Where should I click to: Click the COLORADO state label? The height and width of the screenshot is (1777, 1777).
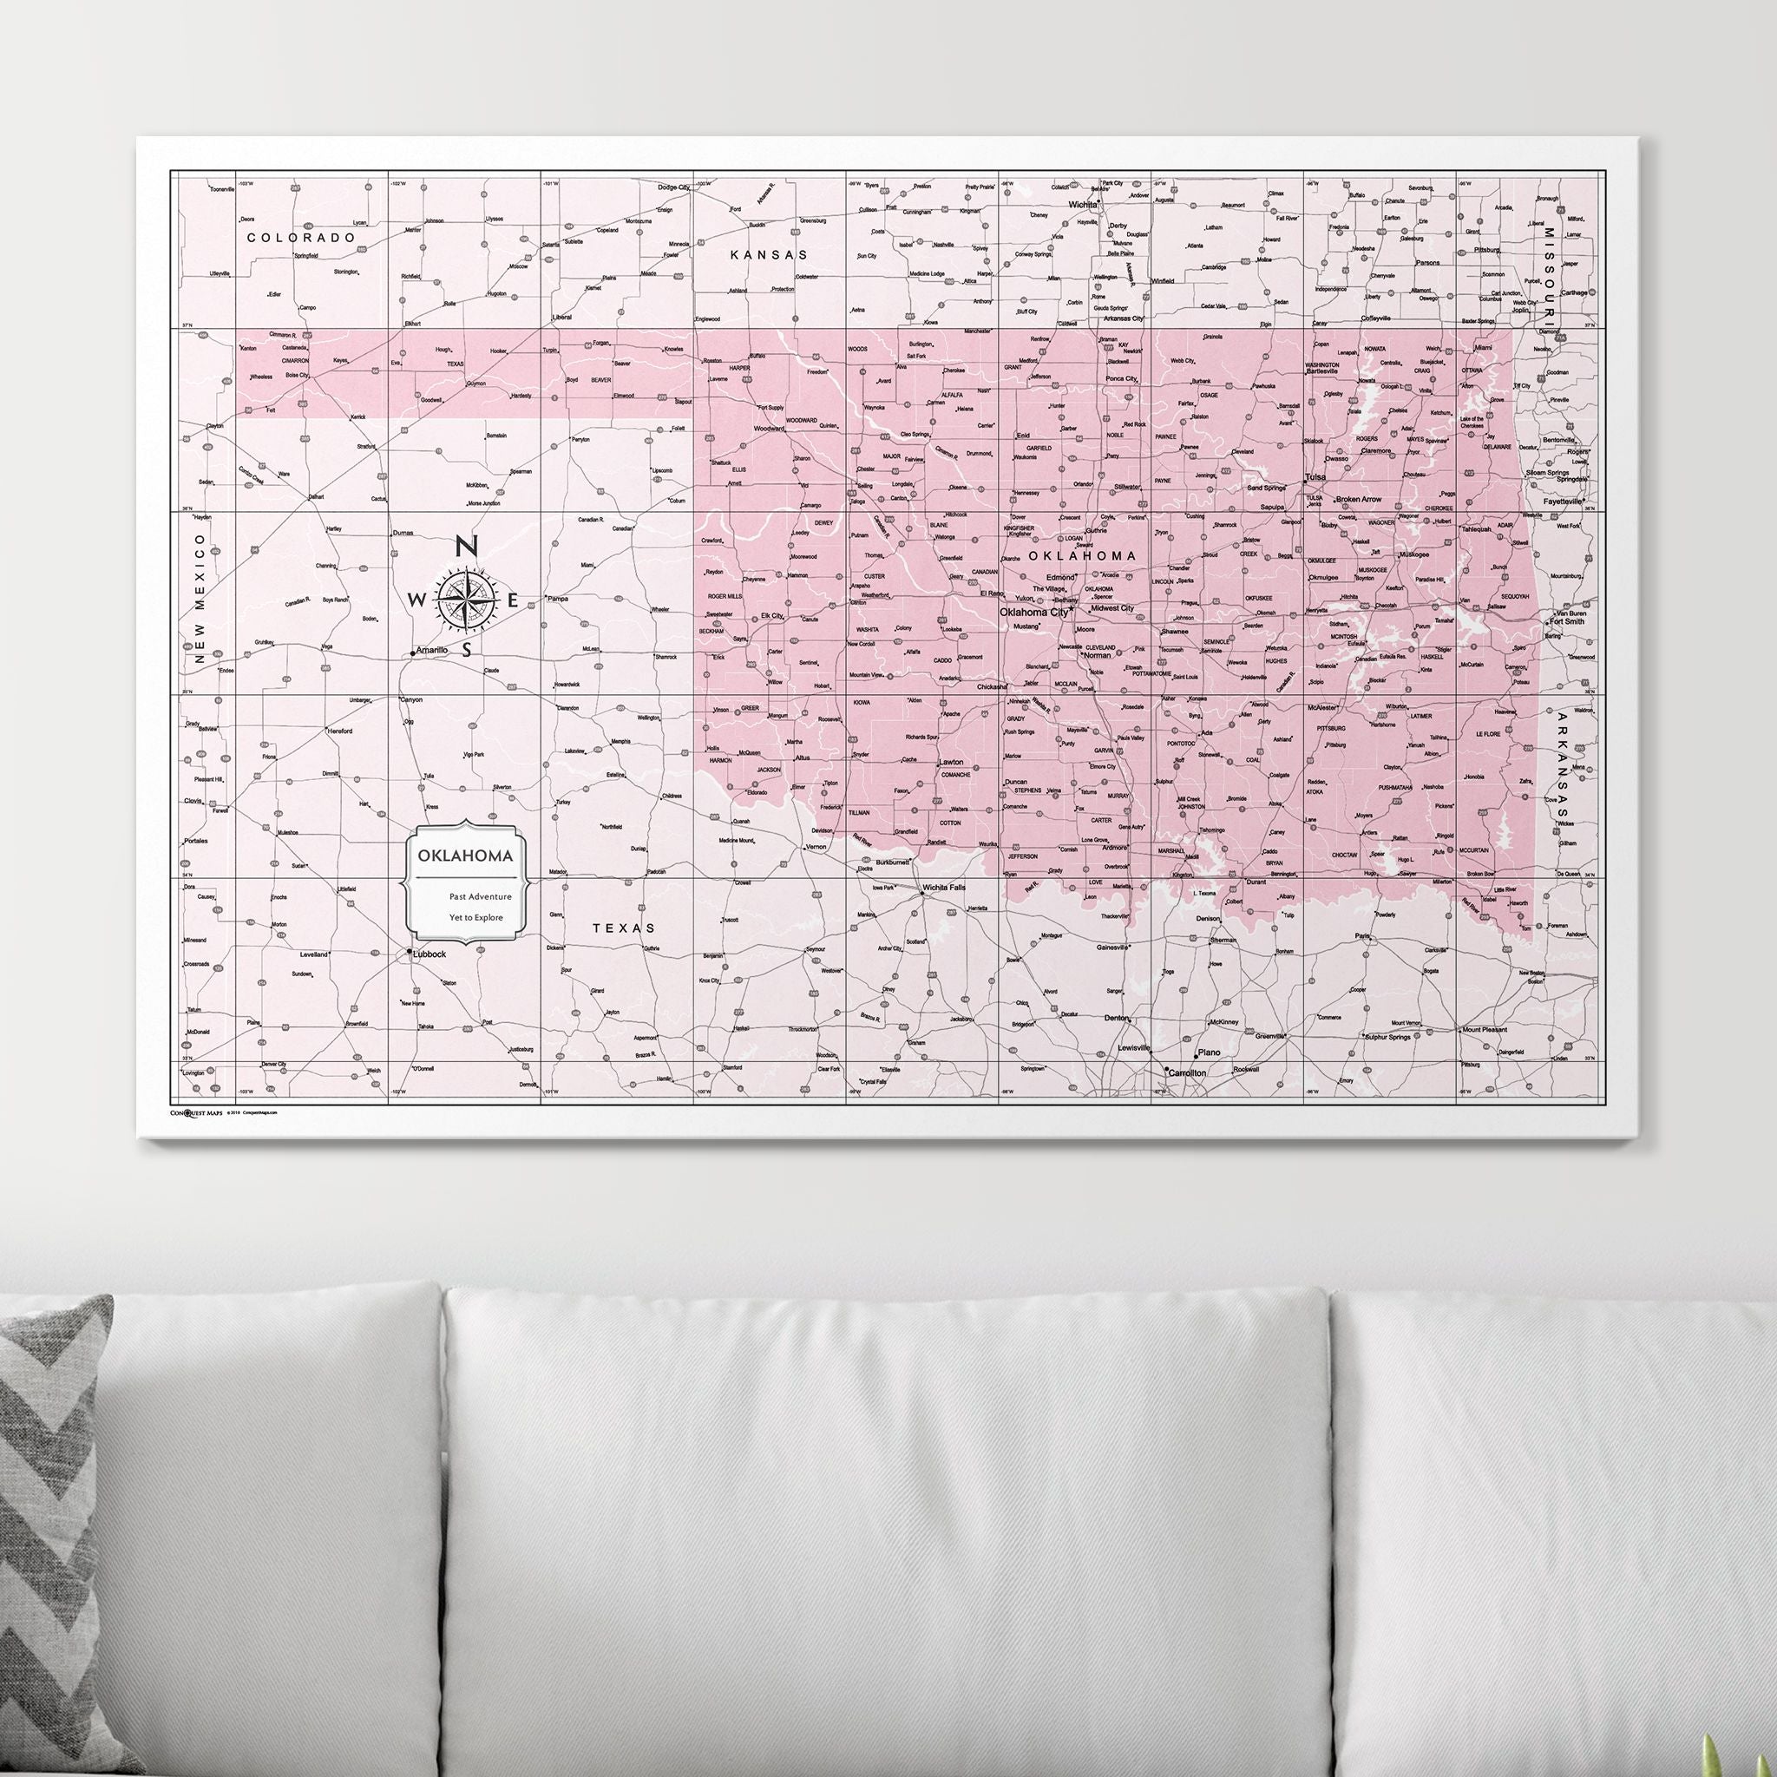301,237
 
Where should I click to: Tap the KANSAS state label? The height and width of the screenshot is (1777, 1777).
769,255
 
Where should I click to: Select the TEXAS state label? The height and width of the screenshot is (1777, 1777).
624,928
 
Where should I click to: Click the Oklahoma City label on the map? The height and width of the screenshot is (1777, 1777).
1033,612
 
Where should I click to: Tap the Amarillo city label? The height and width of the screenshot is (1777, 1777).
431,650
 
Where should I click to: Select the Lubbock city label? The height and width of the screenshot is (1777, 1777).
429,954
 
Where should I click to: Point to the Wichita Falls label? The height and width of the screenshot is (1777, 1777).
945,888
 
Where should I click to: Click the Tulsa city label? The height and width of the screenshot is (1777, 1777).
1315,477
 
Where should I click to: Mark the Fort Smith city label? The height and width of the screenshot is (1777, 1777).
1566,622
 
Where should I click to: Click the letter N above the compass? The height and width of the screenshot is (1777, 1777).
466,547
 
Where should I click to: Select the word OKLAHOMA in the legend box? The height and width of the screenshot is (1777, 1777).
465,856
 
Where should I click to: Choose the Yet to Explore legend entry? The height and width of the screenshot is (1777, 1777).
475,917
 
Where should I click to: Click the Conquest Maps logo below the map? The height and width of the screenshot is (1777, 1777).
196,1113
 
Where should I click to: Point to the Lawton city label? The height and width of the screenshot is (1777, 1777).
950,763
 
